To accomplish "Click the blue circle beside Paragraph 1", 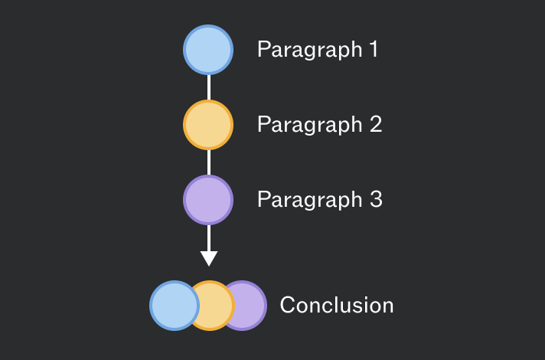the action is coord(208,50).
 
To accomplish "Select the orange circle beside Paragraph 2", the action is coord(208,125).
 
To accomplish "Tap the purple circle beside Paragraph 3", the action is coord(208,200).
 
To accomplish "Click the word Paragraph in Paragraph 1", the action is coord(310,50).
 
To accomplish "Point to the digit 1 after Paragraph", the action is coord(374,49).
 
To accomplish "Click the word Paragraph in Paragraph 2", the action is coord(310,125).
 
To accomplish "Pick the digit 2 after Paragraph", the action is coord(376,124).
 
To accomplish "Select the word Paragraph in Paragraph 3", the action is coord(310,201).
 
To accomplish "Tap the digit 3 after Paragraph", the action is coord(376,199).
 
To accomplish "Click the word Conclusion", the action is coord(337,305).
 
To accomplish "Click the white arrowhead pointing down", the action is coord(209,258).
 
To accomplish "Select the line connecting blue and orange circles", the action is coord(208,87).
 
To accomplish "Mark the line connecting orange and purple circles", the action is coord(208,162).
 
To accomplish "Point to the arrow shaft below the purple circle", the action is coord(208,238).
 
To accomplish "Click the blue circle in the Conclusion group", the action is coord(175,306).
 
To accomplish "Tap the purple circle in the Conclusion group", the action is coord(251,306).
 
